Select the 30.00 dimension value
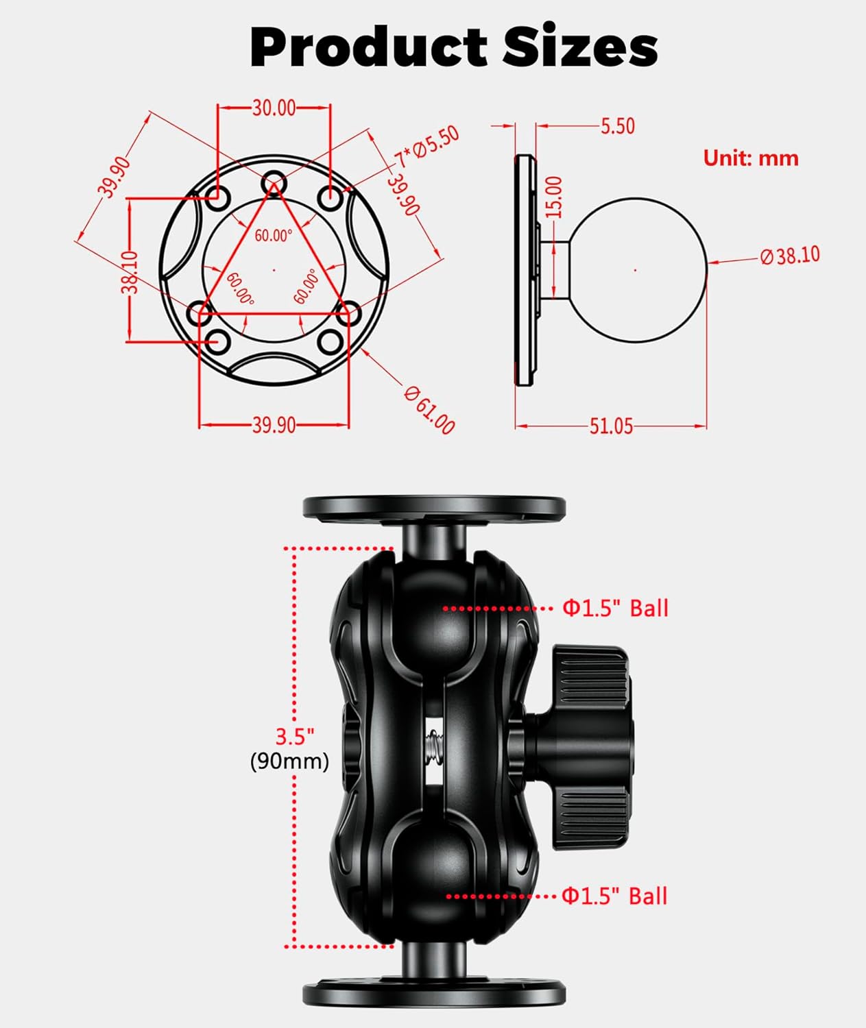tap(274, 108)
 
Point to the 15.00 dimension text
tap(554, 197)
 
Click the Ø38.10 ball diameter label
tap(789, 256)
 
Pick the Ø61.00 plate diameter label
tap(429, 410)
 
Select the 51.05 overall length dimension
tap(611, 426)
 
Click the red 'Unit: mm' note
tap(751, 158)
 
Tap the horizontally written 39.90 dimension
tap(274, 425)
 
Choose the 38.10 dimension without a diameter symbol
tap(130, 272)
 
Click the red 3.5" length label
tap(294, 736)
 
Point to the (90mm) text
tap(289, 761)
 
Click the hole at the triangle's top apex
tap(274, 182)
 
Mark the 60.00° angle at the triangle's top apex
tap(274, 235)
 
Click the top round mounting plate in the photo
tap(434, 508)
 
